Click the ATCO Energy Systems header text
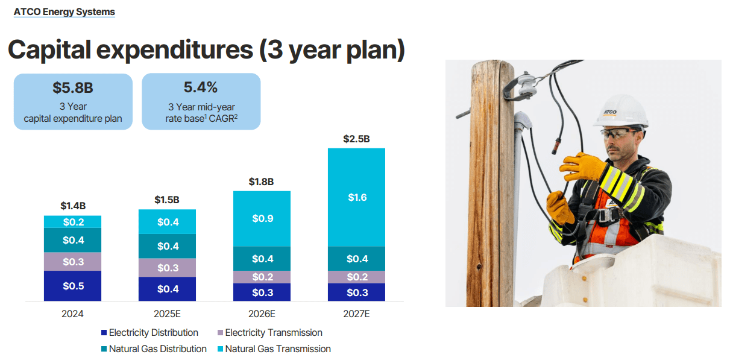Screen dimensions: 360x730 [x=64, y=11]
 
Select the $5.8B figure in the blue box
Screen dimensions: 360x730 [x=72, y=88]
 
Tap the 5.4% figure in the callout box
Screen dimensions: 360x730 [x=201, y=87]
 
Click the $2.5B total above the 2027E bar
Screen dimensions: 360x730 [x=356, y=139]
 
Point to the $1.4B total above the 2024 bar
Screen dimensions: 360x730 [x=72, y=206]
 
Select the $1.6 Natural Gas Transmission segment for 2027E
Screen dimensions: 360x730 [x=356, y=197]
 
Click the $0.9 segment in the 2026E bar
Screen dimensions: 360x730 [x=262, y=218]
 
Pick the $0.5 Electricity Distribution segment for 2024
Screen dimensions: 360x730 [x=72, y=286]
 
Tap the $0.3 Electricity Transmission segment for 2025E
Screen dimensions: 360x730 [x=167, y=268]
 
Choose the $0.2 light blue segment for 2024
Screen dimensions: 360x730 [x=72, y=222]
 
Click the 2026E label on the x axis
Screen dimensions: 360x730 [x=262, y=314]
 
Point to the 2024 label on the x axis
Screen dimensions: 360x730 [x=72, y=314]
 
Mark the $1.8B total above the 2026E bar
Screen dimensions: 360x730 [x=262, y=182]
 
